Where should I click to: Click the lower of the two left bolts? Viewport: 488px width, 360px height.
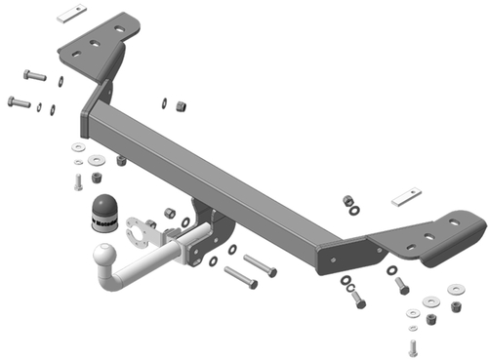pos(19,100)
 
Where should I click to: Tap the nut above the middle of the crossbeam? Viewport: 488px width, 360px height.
pos(180,104)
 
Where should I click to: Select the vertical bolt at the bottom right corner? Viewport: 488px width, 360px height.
pos(413,343)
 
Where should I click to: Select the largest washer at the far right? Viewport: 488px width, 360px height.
pos(454,290)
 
